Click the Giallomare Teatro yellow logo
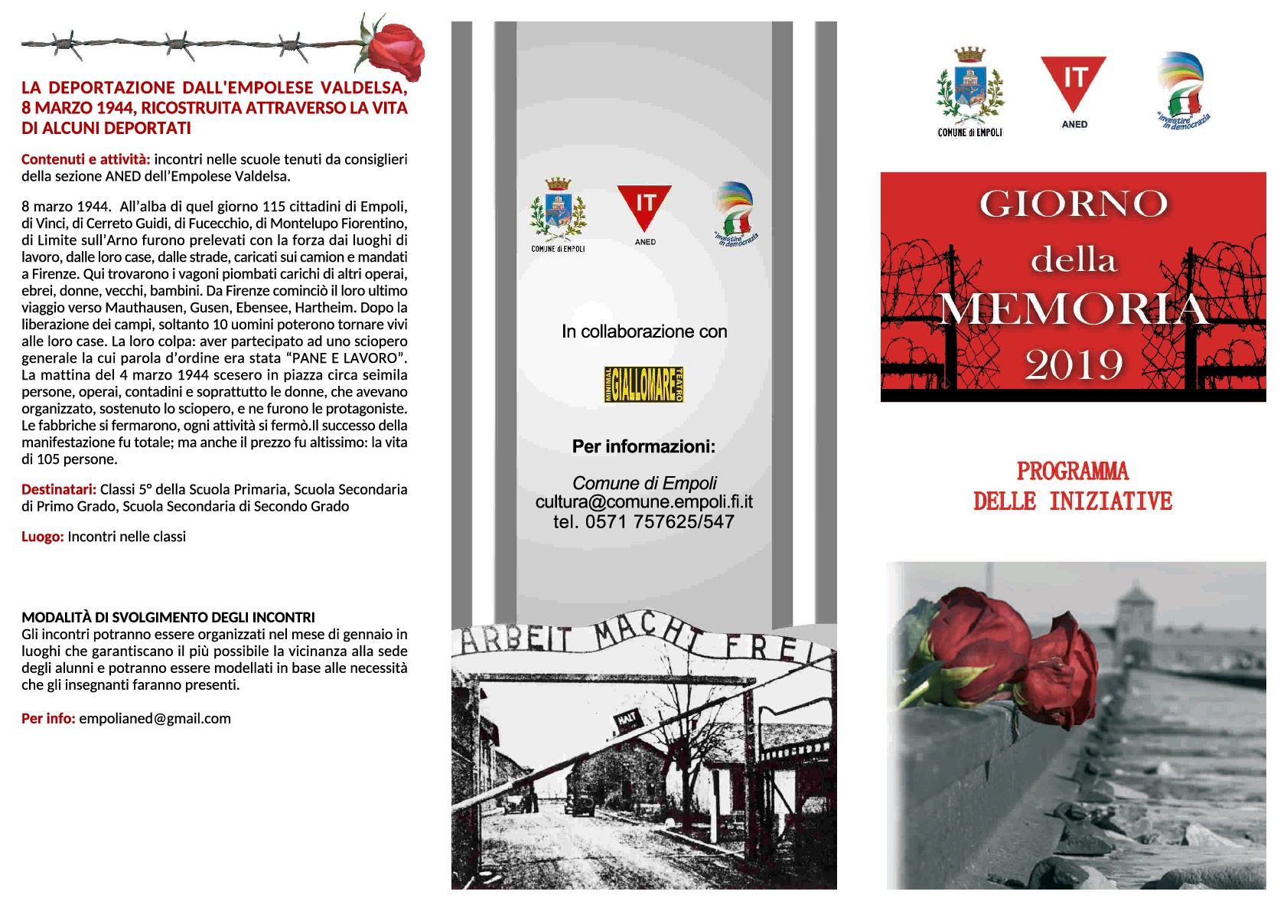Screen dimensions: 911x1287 pyautogui.click(x=643, y=384)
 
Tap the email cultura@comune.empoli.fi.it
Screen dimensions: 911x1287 pyautogui.click(x=643, y=502)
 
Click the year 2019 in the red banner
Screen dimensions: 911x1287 pyautogui.click(x=1074, y=364)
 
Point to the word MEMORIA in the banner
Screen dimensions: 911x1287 pyautogui.click(x=1073, y=310)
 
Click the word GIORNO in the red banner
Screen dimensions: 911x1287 pyautogui.click(x=1073, y=204)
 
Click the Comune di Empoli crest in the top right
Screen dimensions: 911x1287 pyautogui.click(x=969, y=88)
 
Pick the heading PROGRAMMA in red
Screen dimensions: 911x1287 pyautogui.click(x=1073, y=471)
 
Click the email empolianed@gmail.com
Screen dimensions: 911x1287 pyautogui.click(x=155, y=719)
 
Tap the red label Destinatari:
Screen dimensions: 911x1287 pyautogui.click(x=59, y=490)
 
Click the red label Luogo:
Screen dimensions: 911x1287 pyautogui.click(x=42, y=537)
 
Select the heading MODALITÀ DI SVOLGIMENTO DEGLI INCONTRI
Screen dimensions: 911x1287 pyautogui.click(x=168, y=617)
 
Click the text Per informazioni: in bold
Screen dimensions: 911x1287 pyautogui.click(x=643, y=446)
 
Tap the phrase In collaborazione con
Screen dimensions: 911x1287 pyautogui.click(x=643, y=331)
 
